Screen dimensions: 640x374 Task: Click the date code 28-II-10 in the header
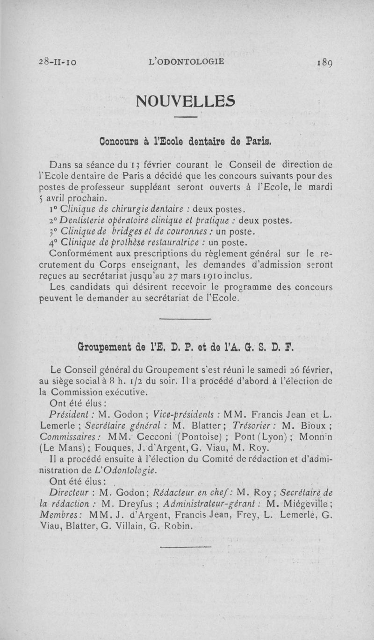click(x=58, y=62)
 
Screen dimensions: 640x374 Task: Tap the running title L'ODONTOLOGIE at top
click(x=186, y=61)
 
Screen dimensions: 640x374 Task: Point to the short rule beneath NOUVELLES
click(x=187, y=117)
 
